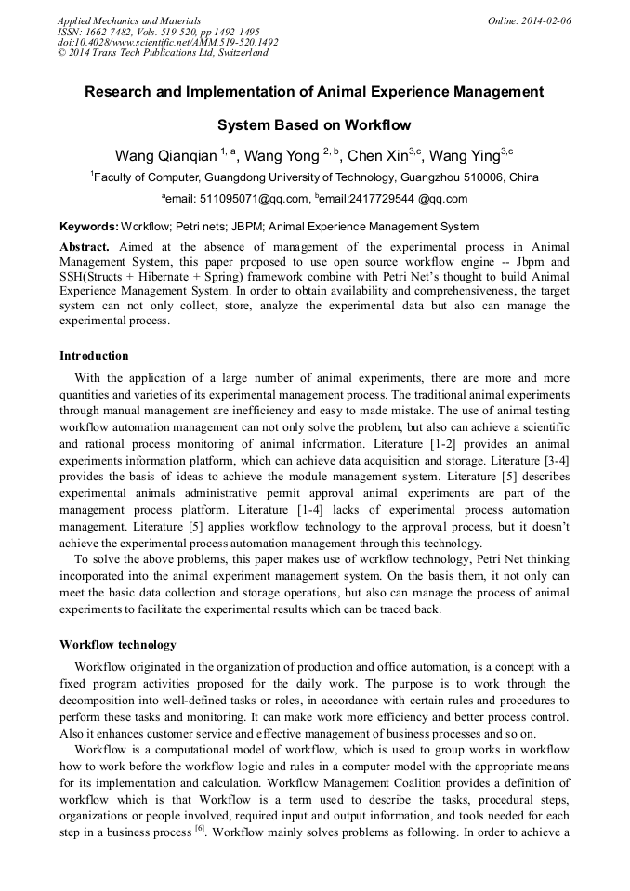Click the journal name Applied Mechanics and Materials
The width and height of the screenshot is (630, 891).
(129, 20)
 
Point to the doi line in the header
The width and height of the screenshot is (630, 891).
(167, 42)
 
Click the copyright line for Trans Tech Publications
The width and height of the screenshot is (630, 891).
(163, 53)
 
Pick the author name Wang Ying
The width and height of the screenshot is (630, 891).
(467, 154)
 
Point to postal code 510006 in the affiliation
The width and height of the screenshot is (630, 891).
(465, 177)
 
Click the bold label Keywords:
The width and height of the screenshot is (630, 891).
(89, 227)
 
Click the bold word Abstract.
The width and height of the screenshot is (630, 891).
(85, 247)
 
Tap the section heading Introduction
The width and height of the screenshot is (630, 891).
(94, 356)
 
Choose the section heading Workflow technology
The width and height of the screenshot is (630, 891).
(118, 644)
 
